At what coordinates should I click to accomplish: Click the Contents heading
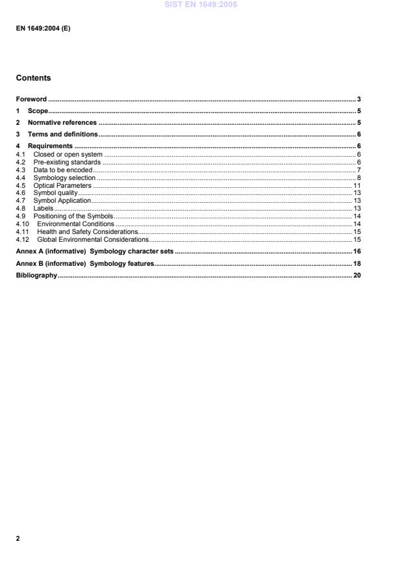(x=33, y=78)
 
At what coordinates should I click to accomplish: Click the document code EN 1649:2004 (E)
(x=43, y=29)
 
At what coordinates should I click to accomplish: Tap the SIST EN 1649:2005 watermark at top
(x=201, y=5)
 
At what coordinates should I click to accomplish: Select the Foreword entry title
(x=31, y=99)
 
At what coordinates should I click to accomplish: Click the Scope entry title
(x=38, y=111)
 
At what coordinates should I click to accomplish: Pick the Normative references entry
(x=62, y=122)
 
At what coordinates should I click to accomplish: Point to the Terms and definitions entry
(x=62, y=134)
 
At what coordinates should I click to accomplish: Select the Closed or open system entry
(x=68, y=154)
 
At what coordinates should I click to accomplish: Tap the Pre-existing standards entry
(x=67, y=162)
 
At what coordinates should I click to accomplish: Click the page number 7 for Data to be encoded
(x=358, y=170)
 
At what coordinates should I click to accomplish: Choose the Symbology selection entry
(x=64, y=177)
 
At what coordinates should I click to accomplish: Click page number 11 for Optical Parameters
(x=357, y=185)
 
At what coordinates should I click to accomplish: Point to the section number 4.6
(x=20, y=193)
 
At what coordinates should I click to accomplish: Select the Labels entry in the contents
(x=43, y=208)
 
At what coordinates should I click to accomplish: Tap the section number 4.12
(x=22, y=239)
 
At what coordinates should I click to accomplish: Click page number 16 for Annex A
(x=357, y=251)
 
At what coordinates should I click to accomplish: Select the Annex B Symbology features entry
(x=84, y=263)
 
